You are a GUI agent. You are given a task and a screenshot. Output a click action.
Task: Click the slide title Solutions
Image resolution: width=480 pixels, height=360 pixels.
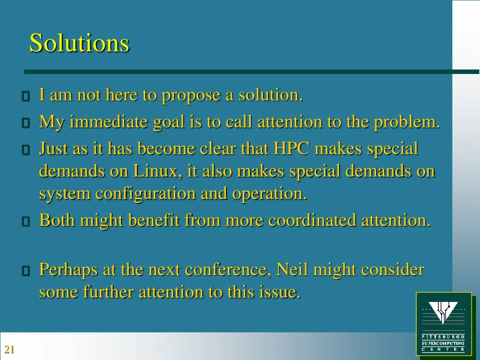(79, 43)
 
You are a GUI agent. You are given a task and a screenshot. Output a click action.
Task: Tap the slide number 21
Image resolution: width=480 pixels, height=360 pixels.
(9, 349)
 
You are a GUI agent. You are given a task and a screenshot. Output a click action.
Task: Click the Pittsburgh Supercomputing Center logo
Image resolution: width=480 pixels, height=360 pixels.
(443, 323)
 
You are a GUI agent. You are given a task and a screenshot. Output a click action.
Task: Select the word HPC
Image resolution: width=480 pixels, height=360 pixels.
(292, 149)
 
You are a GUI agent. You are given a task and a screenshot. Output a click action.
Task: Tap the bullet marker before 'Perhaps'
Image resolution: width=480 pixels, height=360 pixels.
(26, 271)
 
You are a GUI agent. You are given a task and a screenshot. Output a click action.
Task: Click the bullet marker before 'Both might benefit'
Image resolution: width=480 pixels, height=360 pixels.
(26, 221)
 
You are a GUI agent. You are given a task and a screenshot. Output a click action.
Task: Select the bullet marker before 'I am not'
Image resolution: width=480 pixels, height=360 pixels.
(26, 97)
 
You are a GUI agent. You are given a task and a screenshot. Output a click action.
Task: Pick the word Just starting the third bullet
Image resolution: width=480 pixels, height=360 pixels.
(53, 149)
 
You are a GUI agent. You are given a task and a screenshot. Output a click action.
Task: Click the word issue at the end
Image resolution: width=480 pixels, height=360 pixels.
(279, 292)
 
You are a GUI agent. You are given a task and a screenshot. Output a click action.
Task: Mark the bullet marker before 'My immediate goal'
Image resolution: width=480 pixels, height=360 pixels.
(26, 123)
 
